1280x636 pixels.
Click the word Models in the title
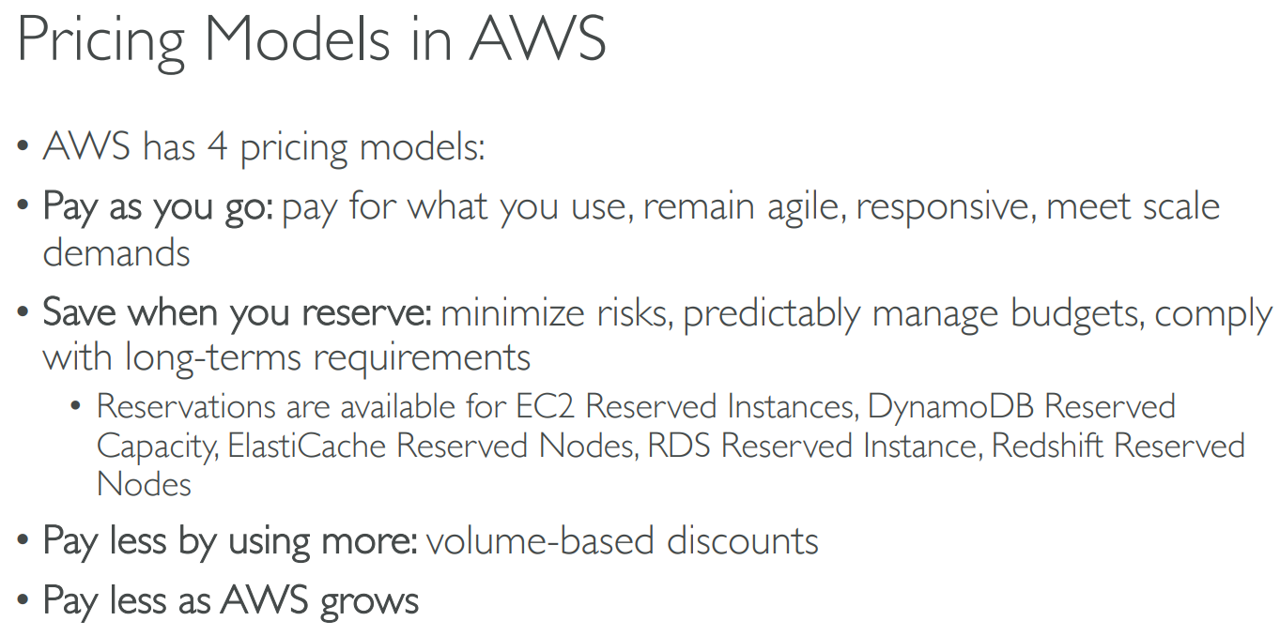(297, 38)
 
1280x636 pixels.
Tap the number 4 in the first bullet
(217, 146)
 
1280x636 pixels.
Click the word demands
(116, 252)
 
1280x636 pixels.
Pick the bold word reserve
(366, 313)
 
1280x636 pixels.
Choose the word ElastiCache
(307, 446)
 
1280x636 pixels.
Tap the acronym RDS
(679, 446)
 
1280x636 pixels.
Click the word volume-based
(540, 540)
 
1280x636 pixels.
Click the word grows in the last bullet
(369, 603)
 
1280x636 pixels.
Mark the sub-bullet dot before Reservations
(75, 406)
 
